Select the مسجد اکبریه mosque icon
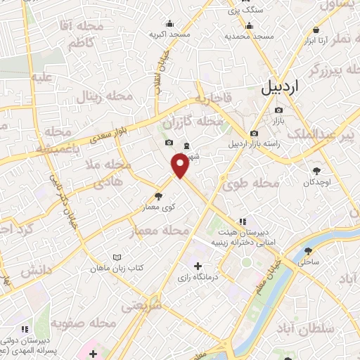169,22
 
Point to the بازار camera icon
279,110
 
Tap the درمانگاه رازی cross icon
198,266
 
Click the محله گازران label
192,123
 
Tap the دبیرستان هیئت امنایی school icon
242,220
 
